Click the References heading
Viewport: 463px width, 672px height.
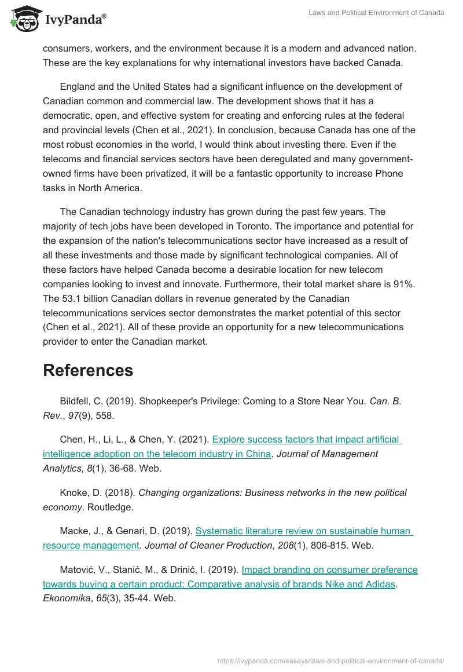[x=88, y=370]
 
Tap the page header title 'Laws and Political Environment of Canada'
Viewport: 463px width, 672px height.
[x=377, y=13]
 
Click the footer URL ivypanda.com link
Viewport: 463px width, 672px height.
[x=330, y=660]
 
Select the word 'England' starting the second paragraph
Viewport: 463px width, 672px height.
[x=78, y=86]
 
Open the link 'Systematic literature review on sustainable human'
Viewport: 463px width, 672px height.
[x=304, y=530]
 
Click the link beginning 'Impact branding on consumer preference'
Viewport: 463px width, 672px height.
[x=329, y=569]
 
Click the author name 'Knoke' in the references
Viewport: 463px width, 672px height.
[x=74, y=492]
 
